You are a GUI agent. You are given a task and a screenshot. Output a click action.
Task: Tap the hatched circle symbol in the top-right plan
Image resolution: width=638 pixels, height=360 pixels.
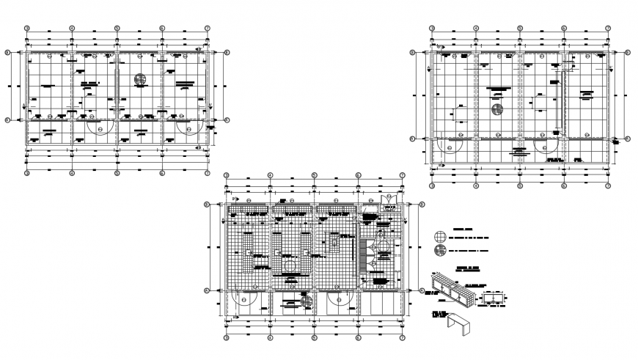496,111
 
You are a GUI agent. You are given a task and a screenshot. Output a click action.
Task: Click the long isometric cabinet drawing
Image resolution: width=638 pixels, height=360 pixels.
455,289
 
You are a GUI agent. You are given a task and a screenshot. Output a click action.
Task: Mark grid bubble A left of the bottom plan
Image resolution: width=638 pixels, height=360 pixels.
207,291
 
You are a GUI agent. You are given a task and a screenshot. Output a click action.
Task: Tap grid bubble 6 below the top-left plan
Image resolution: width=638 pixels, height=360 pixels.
162,174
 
